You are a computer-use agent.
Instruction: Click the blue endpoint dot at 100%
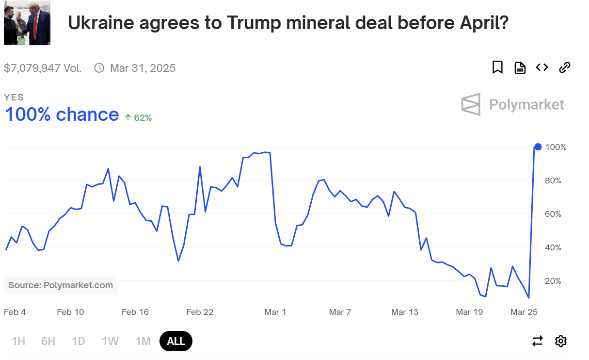(x=538, y=147)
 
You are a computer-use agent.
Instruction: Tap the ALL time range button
(x=176, y=341)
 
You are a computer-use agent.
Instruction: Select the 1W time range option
(x=110, y=341)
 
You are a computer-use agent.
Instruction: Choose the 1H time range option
(x=18, y=341)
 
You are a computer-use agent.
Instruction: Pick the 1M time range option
(x=143, y=341)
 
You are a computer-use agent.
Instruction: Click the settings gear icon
(x=561, y=341)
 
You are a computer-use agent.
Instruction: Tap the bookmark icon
(x=497, y=67)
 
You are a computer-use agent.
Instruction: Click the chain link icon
(x=564, y=67)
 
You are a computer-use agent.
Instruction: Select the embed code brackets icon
(x=542, y=67)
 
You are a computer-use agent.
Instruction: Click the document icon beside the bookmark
(x=520, y=67)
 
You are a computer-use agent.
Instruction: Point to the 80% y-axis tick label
(x=553, y=180)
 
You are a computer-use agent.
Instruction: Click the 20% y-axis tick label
(x=553, y=281)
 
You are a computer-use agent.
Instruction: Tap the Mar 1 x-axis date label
(x=275, y=312)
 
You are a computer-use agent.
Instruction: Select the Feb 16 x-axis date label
(x=135, y=312)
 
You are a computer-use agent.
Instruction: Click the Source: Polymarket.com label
(x=61, y=285)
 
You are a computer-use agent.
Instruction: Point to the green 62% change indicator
(x=138, y=117)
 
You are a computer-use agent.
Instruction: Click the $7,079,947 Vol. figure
(x=43, y=68)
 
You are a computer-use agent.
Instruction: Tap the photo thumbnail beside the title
(x=27, y=23)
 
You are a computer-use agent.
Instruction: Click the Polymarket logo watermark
(x=512, y=104)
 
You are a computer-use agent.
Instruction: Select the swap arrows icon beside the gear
(x=538, y=341)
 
